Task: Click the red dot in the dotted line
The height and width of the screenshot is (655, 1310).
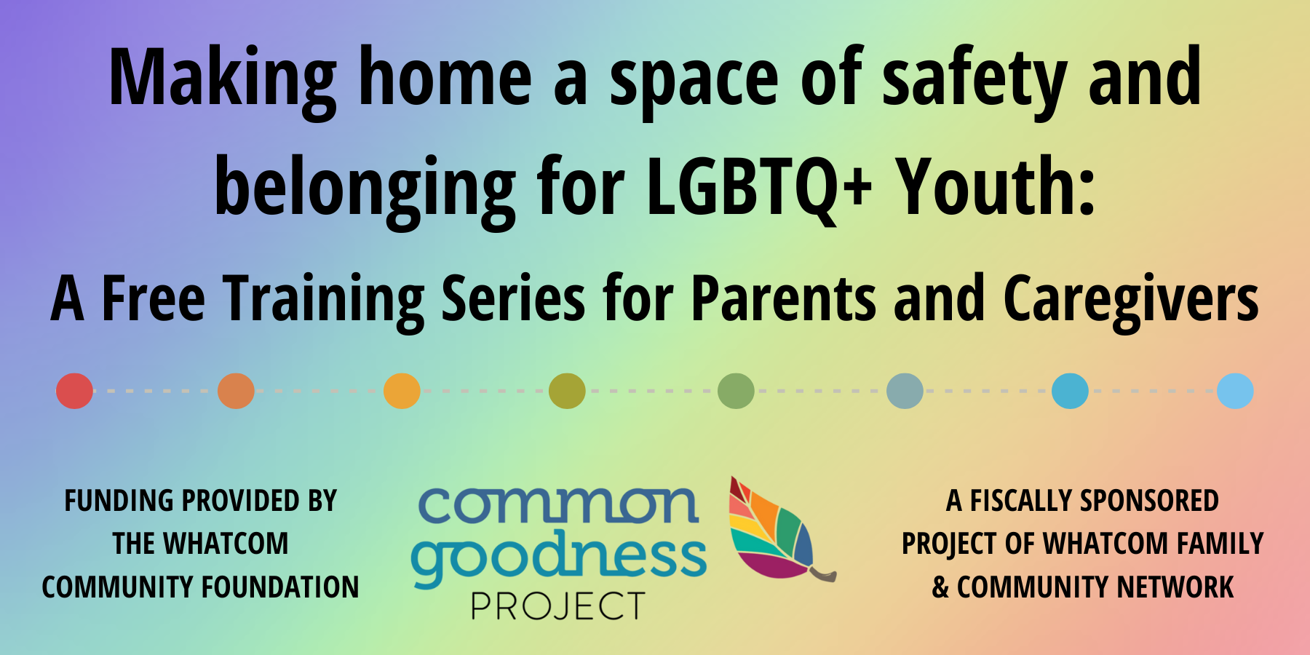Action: (x=74, y=391)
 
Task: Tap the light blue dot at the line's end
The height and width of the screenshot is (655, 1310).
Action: (x=1235, y=391)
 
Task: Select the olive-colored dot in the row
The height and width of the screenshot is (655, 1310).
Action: (x=567, y=391)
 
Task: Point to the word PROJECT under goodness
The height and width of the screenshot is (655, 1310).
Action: (x=558, y=606)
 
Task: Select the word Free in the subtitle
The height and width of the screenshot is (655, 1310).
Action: (x=153, y=298)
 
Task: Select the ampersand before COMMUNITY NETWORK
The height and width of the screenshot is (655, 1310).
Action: (x=940, y=587)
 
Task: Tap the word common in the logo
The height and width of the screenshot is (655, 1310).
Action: (x=558, y=505)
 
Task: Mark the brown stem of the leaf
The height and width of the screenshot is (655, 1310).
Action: (x=824, y=573)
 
